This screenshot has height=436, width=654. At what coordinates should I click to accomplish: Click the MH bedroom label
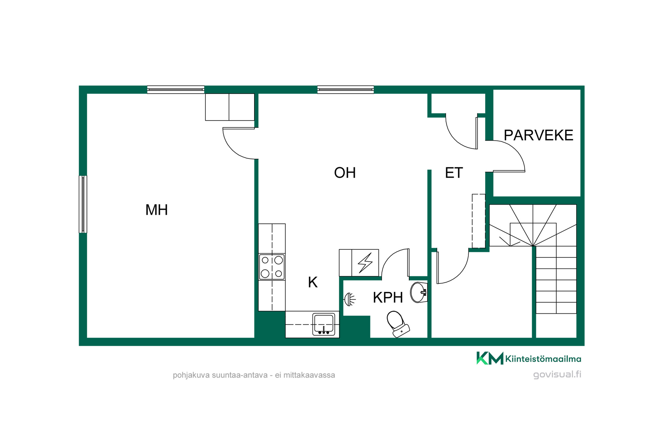coord(157,210)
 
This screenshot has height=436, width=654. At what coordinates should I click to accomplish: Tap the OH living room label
coord(345,173)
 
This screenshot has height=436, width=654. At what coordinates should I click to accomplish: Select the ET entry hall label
coord(454,173)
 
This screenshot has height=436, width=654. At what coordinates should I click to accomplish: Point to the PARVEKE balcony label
coord(538,135)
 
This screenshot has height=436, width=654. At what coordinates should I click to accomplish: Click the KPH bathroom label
coord(388,298)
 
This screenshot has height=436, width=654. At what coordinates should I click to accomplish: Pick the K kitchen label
coord(313,282)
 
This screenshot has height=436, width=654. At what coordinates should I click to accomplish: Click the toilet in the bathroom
coord(398,324)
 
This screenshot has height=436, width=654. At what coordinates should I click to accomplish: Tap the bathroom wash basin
coord(419,292)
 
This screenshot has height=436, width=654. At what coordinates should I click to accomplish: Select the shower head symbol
coord(349,299)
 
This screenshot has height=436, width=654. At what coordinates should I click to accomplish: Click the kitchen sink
coord(324,324)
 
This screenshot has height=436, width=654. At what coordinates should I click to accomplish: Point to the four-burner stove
coord(272,267)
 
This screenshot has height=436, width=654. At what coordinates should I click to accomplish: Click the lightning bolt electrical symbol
coord(365,263)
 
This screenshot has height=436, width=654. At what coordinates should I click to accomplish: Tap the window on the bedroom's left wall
coord(83,204)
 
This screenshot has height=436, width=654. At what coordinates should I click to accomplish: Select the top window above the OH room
coord(345,90)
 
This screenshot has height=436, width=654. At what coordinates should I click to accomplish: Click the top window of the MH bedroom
coord(176,90)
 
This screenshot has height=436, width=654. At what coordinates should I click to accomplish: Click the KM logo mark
coord(490,358)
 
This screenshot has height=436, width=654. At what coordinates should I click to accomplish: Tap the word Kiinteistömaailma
coord(543,359)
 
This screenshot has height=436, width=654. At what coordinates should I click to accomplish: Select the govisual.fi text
coord(557,374)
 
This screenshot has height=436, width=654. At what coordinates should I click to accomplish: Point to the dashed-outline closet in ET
coord(479,221)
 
